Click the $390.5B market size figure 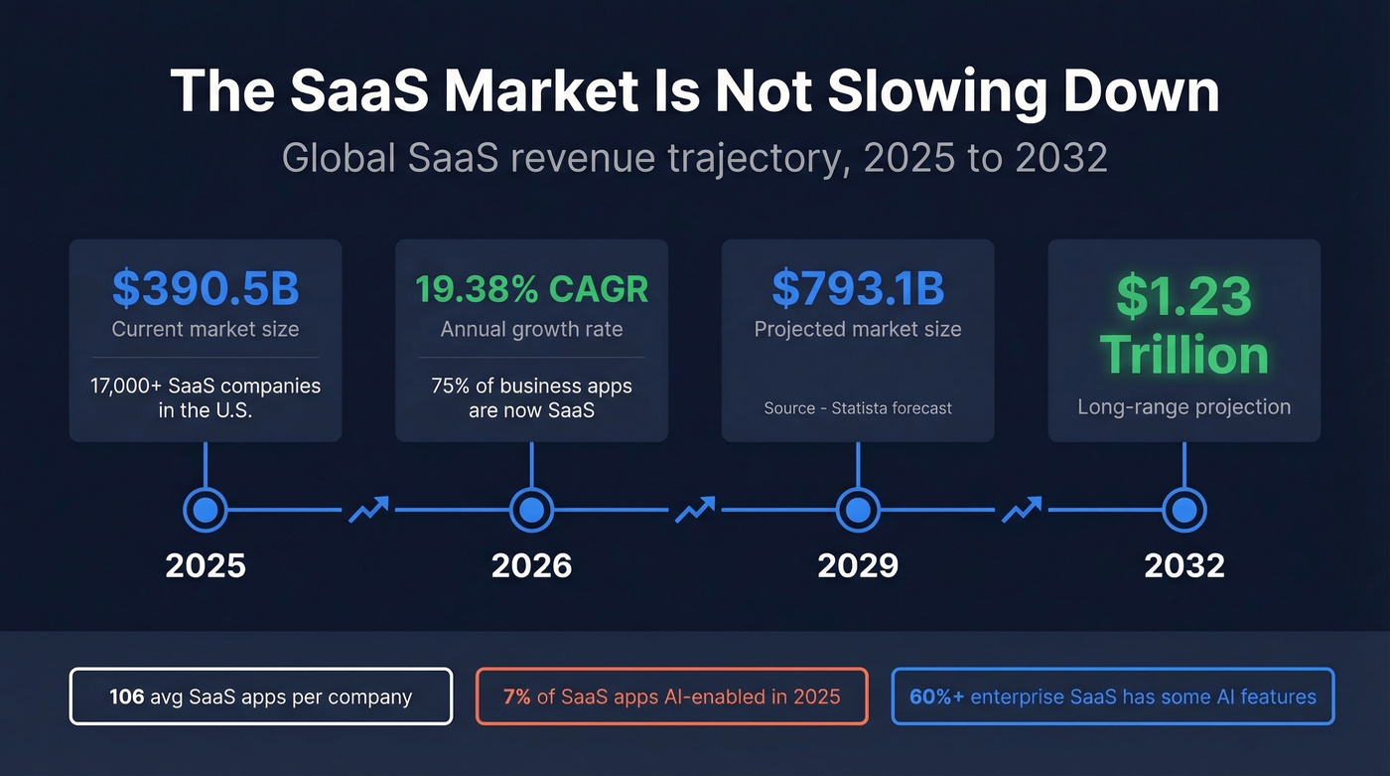[x=206, y=288]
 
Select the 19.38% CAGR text [x=531, y=289]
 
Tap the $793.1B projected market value [x=858, y=287]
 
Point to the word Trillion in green [x=1183, y=355]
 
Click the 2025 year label [x=206, y=565]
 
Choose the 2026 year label [x=531, y=565]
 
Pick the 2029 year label [x=858, y=565]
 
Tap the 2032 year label [x=1183, y=565]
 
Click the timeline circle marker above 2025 [x=206, y=511]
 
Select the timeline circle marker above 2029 [x=858, y=511]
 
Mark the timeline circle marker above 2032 [x=1183, y=511]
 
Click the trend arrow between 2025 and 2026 [x=368, y=510]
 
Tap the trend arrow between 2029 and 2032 [x=1021, y=510]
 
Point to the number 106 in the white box [x=127, y=697]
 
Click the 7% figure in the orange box [x=516, y=697]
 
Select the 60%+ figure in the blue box [x=936, y=697]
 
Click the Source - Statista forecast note [x=858, y=408]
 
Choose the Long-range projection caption [x=1183, y=406]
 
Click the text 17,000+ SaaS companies [x=206, y=386]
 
